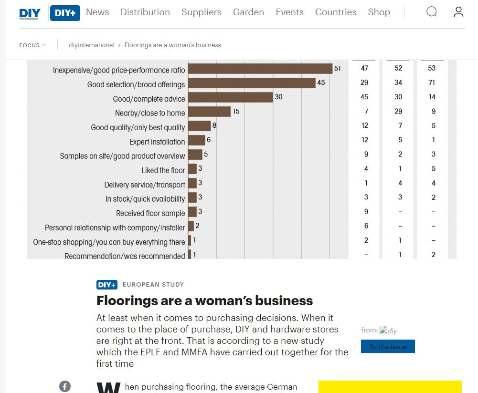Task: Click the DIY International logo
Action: tap(30, 13)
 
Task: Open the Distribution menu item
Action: tap(145, 12)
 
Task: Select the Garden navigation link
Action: tap(248, 12)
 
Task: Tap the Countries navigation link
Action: tap(336, 12)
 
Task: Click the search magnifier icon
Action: tap(432, 12)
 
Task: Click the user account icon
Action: tap(458, 12)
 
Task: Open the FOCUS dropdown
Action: tap(32, 45)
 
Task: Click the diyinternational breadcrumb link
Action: tap(92, 45)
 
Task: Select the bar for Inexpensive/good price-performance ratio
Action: tap(260, 69)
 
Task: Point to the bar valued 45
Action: tap(252, 83)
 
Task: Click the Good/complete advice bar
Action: tap(231, 97)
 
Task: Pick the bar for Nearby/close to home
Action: tap(210, 112)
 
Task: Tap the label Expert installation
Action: tap(157, 142)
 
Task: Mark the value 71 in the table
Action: tap(432, 83)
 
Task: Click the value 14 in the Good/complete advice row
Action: tap(432, 97)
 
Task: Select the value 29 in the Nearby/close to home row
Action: tap(398, 111)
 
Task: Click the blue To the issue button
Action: tap(388, 346)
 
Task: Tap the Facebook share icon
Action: tap(65, 386)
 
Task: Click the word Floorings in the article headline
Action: tap(127, 301)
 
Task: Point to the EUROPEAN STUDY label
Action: tap(153, 284)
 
